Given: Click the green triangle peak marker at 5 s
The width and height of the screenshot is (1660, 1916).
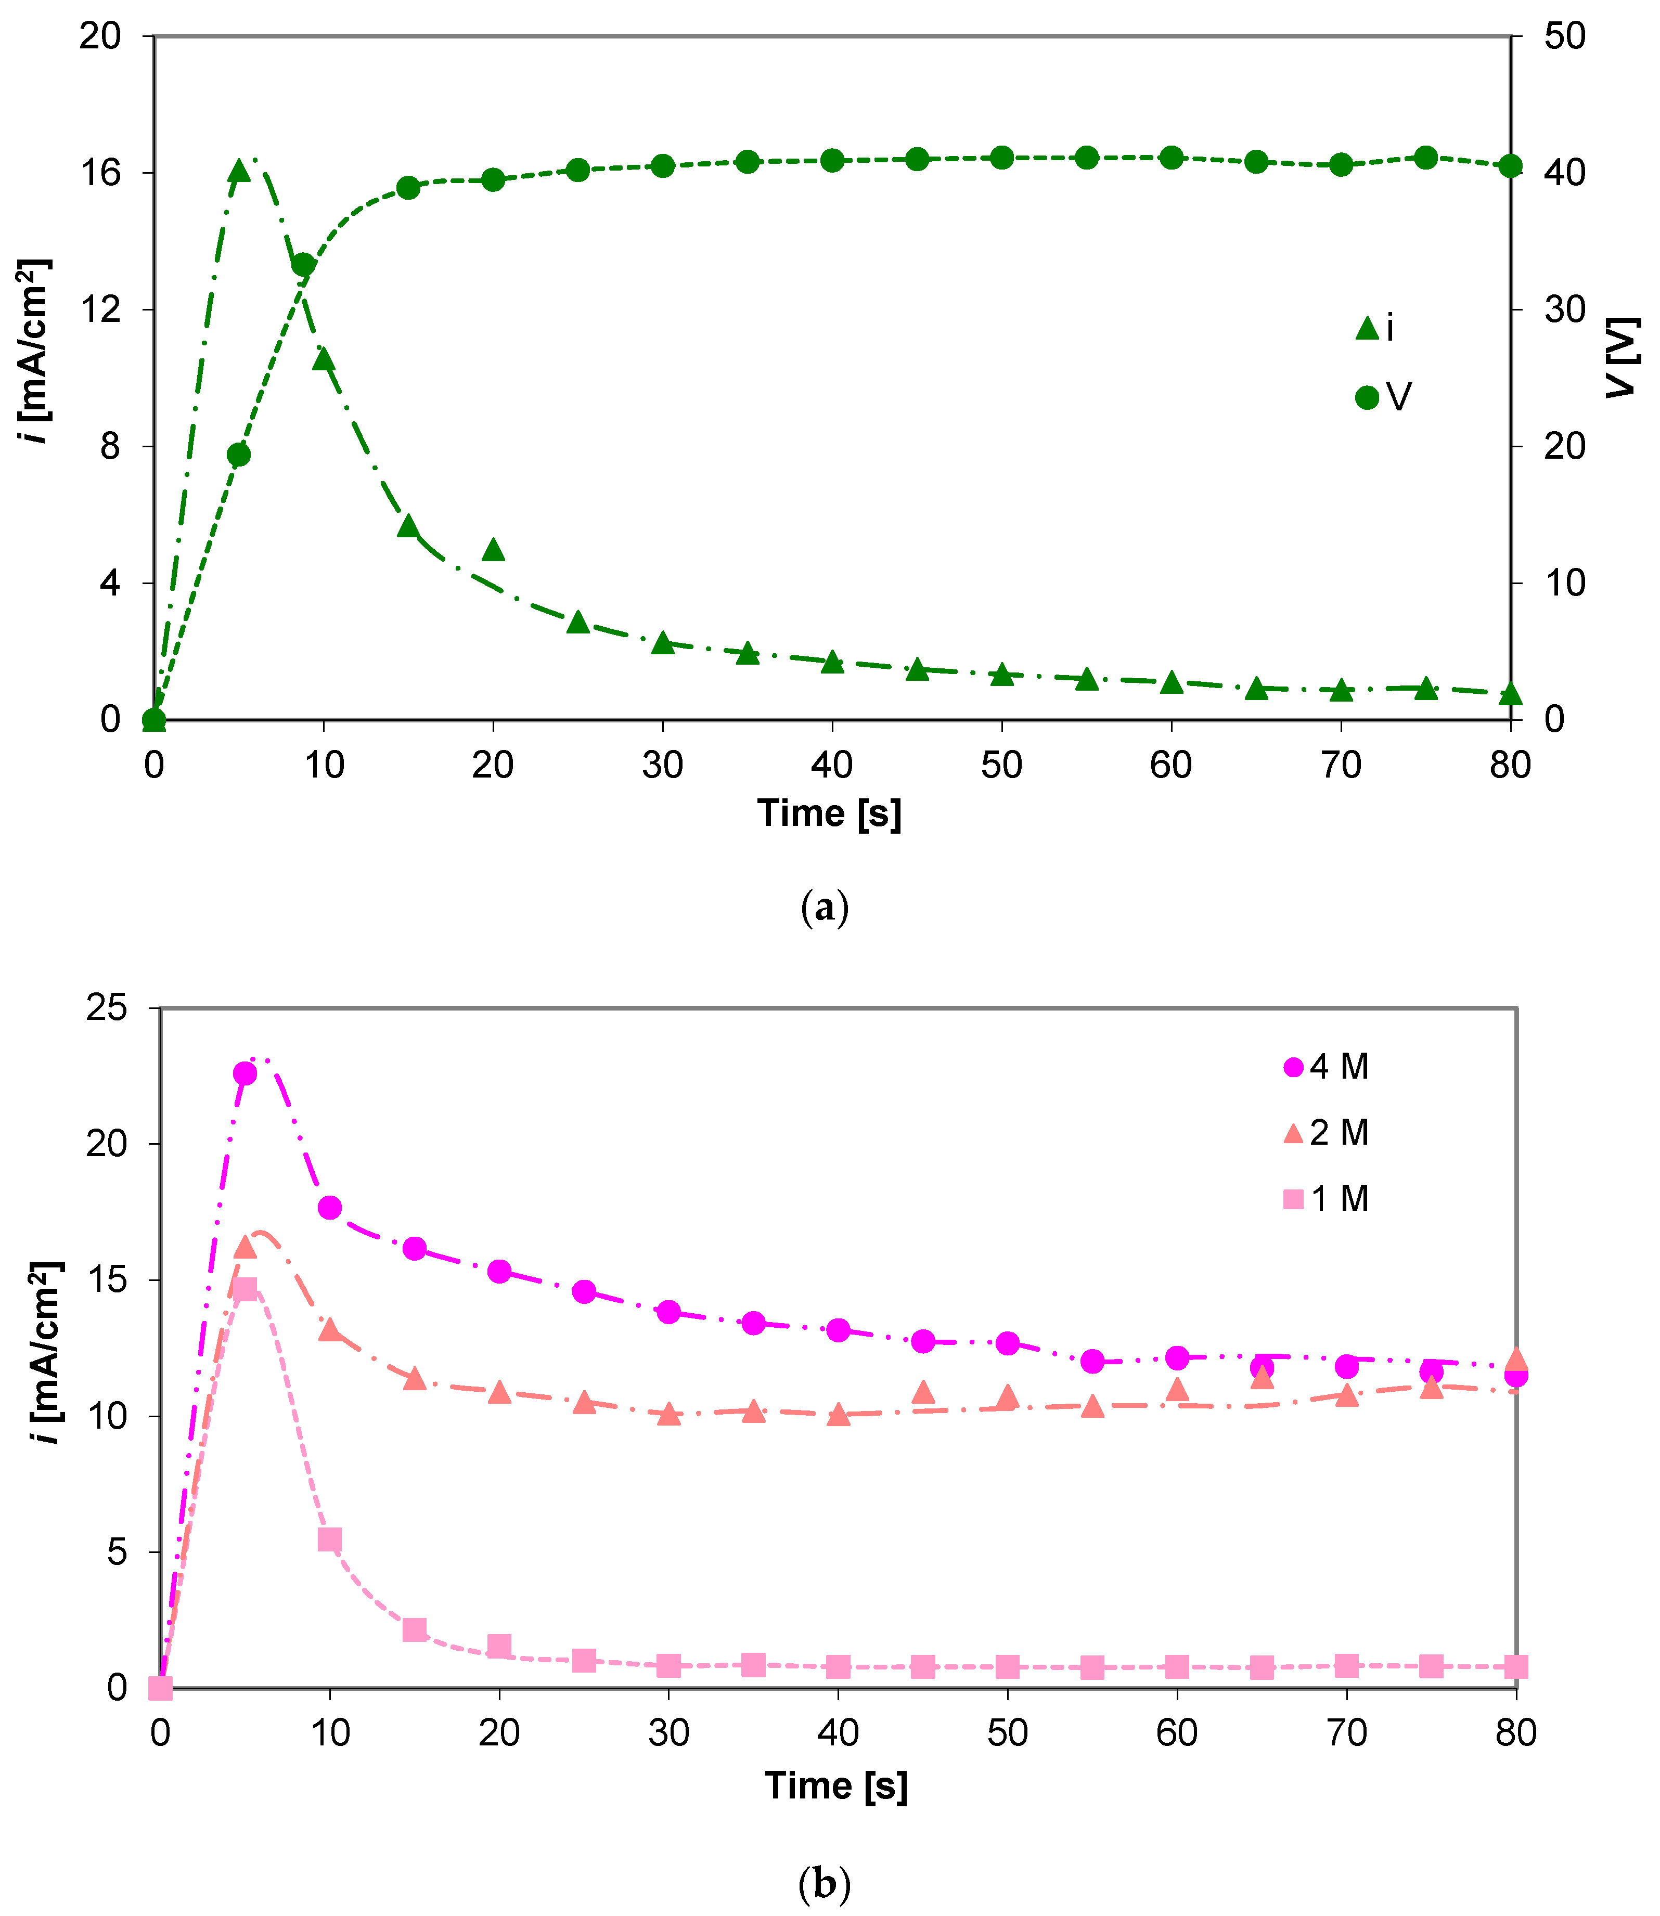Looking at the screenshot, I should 239,171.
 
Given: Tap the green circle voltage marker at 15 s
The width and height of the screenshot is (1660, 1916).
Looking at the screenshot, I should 408,188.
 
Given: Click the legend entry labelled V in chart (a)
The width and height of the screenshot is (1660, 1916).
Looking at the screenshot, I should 1383,397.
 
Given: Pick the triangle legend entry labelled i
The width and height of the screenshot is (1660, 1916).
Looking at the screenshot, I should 1375,328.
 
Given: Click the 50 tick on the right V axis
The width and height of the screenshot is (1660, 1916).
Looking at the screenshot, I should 1565,37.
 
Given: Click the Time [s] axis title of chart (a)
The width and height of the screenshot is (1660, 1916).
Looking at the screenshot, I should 829,813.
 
